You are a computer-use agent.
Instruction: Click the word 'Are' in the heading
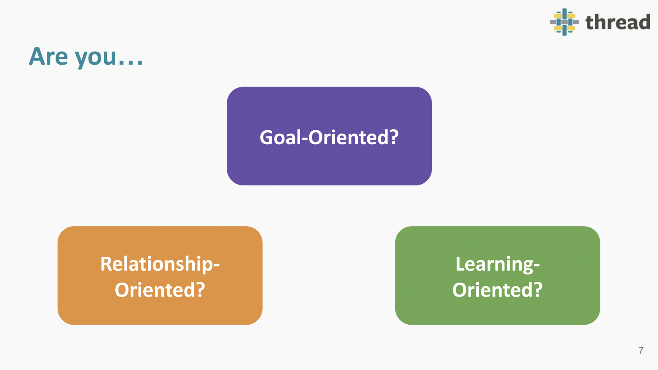click(x=49, y=56)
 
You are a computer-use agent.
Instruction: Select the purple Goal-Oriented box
click(x=329, y=136)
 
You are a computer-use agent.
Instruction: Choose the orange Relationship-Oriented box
click(x=160, y=275)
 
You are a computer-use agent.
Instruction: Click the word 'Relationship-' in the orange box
click(x=160, y=264)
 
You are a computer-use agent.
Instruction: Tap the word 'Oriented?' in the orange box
click(x=160, y=290)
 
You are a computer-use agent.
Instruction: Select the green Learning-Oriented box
click(x=497, y=275)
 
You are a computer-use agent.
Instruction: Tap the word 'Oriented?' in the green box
click(x=497, y=290)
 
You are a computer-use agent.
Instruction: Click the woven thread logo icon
click(x=564, y=22)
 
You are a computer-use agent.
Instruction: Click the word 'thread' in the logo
click(x=618, y=22)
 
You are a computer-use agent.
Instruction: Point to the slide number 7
click(x=641, y=350)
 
